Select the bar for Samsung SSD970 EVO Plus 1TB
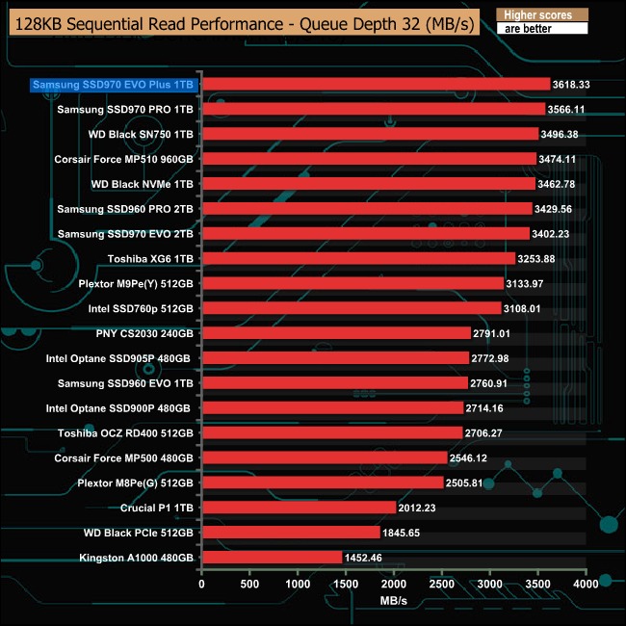pos(376,85)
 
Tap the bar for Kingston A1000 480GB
pos(272,557)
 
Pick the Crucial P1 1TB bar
pos(299,508)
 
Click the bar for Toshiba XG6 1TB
pos(358,258)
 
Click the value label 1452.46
pos(364,557)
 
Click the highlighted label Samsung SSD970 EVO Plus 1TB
pos(114,85)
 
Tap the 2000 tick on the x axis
pos(394,584)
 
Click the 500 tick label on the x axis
pos(249,584)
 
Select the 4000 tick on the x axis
pos(586,584)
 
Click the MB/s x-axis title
pos(393,601)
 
